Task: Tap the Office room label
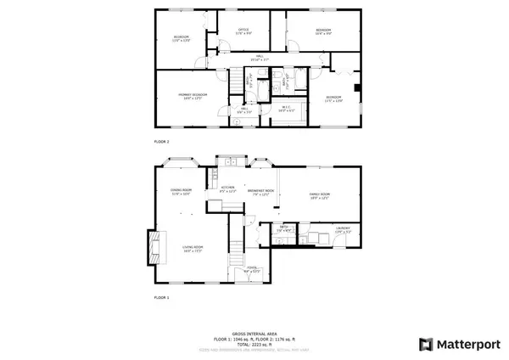click(x=243, y=31)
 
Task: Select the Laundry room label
click(x=342, y=228)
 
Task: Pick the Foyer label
click(x=253, y=269)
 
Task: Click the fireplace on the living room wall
click(x=154, y=248)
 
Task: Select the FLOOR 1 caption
click(x=162, y=298)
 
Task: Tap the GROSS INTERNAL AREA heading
click(x=254, y=335)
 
